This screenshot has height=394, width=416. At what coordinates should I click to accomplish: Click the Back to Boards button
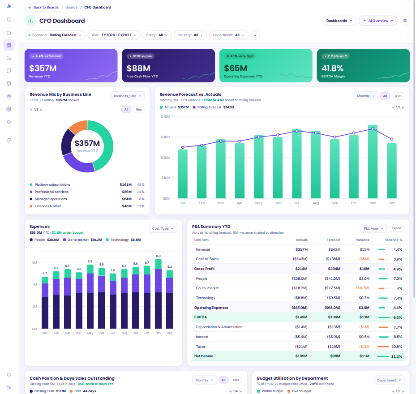click(x=43, y=8)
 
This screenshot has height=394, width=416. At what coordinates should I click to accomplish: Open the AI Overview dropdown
click(x=378, y=21)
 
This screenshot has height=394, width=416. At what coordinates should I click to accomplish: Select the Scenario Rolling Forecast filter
click(x=55, y=35)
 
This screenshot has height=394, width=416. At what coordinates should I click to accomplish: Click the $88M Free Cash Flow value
click(x=138, y=68)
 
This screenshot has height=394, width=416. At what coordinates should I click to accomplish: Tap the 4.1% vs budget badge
click(x=240, y=56)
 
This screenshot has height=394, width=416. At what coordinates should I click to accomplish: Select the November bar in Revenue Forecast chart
click(x=373, y=162)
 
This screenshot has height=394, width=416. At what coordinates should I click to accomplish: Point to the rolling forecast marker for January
click(x=183, y=147)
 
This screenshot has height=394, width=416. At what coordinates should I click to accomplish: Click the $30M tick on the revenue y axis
click(x=166, y=137)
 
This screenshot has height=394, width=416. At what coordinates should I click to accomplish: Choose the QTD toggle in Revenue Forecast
click(x=398, y=96)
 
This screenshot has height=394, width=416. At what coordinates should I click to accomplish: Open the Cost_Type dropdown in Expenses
click(x=163, y=228)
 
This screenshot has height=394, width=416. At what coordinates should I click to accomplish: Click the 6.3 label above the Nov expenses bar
click(x=159, y=256)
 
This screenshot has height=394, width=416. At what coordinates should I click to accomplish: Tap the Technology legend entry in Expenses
click(x=124, y=240)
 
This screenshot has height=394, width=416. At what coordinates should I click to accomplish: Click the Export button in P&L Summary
click(x=396, y=228)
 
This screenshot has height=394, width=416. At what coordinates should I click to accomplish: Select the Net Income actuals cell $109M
click(x=301, y=356)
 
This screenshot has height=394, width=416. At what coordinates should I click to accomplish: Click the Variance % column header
click(x=394, y=240)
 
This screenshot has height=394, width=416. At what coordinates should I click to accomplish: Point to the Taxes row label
click(x=201, y=347)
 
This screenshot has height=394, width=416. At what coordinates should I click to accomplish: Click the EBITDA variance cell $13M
click(x=365, y=317)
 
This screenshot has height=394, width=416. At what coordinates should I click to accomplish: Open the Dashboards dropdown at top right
click(x=339, y=21)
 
